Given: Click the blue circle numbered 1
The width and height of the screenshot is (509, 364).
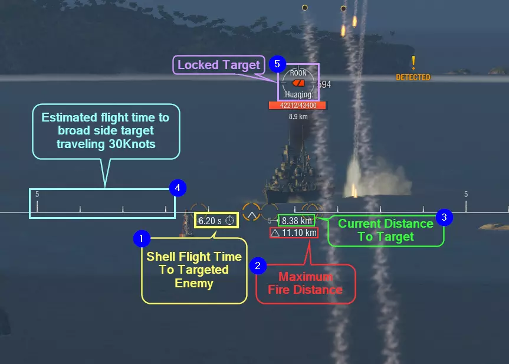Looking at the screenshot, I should (x=142, y=238).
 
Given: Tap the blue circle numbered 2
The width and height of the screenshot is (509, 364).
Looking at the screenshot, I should (x=257, y=266).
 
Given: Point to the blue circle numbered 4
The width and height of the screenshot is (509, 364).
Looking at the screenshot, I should (x=178, y=188).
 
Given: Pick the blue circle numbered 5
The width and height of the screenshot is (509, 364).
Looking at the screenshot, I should (x=277, y=63).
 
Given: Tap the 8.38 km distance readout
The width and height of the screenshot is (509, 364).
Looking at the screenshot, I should (x=297, y=221).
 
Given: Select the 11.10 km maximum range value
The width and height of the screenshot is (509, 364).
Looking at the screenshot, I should (x=294, y=232).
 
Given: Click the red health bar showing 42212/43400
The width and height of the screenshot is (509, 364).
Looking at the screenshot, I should (x=297, y=106).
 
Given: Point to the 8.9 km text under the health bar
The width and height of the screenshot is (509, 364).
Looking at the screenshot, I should (x=298, y=117).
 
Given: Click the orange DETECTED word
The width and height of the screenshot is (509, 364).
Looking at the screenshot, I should (x=413, y=77).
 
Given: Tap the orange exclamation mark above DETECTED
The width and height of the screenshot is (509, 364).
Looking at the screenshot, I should (x=413, y=62).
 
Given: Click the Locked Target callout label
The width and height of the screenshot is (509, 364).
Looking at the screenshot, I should (x=219, y=65).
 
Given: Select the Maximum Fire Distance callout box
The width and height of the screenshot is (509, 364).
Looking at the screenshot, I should (x=305, y=283).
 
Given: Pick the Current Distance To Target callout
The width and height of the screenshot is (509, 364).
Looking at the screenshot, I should (x=386, y=230).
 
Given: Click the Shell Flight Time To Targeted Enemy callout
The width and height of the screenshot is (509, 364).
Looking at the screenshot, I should (x=194, y=270).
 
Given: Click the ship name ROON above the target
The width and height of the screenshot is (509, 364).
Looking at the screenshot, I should (x=298, y=73).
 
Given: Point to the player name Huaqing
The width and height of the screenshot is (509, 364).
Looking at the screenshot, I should (x=298, y=94).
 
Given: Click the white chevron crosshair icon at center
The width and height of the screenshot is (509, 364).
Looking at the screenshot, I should (x=251, y=213).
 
